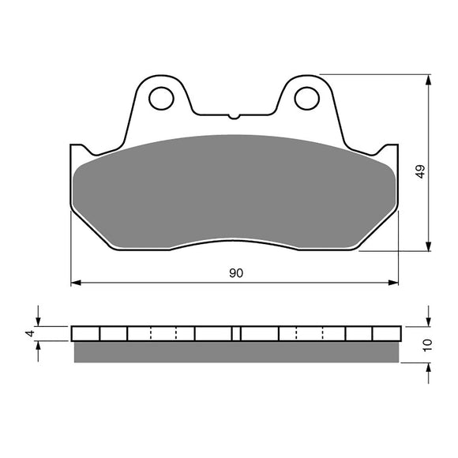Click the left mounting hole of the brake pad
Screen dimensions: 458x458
[162, 98]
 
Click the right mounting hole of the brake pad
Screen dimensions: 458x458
[306, 98]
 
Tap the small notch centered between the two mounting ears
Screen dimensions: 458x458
[234, 117]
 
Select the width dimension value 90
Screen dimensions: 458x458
[235, 273]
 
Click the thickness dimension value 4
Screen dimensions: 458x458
[30, 333]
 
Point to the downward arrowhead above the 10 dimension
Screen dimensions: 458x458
[427, 320]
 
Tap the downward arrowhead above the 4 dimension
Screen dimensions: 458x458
[39, 321]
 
